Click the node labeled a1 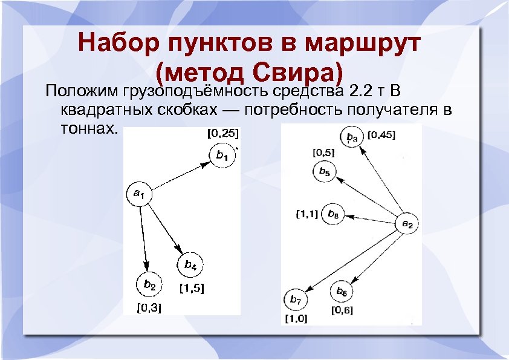pos(138,194)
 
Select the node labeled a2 pos(407,224)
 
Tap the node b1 pos(221,155)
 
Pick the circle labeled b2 pos(149,284)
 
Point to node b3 pos(352,137)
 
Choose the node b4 pos(190,265)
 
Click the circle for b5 pos(324,172)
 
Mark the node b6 pos(342,292)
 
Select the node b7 pos(295,299)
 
